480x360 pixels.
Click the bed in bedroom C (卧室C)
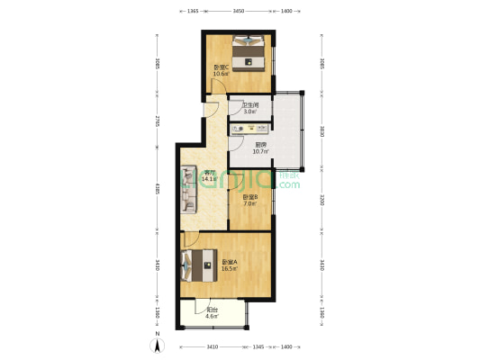[249, 52]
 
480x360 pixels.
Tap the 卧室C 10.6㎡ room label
[220, 71]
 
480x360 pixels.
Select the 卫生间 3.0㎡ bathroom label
[249, 108]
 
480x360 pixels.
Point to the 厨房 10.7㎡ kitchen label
[261, 148]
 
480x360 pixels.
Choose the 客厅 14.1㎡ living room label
[209, 175]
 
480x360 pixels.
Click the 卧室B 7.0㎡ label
[249, 200]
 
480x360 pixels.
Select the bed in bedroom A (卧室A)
[195, 266]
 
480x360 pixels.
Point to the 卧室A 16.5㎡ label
[229, 265]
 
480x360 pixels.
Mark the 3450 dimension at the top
[238, 11]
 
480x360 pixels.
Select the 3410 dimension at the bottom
[212, 346]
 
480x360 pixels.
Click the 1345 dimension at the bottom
[258, 346]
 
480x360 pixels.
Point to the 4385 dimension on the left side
[157, 190]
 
